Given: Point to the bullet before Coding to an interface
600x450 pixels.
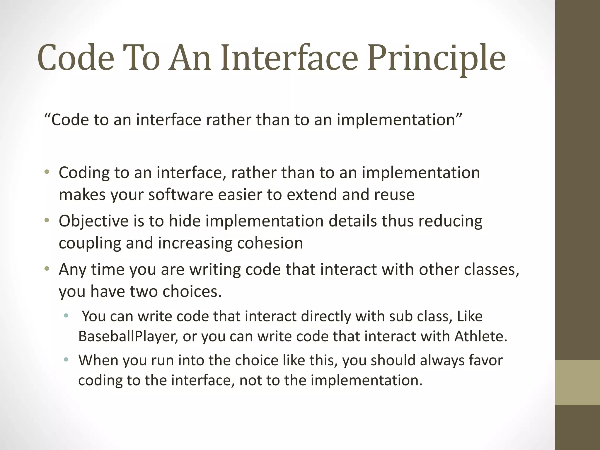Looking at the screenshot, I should pyautogui.click(x=47, y=172).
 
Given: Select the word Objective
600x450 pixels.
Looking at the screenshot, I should pyautogui.click(x=93, y=221).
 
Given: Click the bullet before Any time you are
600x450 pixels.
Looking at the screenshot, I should pyautogui.click(x=47, y=269).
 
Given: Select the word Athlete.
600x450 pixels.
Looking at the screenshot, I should pyautogui.click(x=480, y=336).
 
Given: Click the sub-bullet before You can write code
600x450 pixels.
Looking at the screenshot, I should pyautogui.click(x=66, y=316).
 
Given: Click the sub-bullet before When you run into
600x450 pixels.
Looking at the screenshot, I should pyautogui.click(x=66, y=359).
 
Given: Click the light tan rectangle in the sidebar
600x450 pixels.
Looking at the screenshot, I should pyautogui.click(x=577, y=382).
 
